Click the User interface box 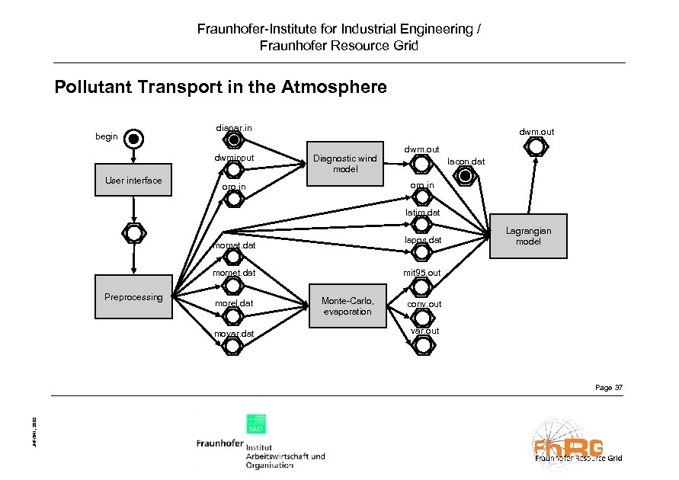133,181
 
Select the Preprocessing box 133,297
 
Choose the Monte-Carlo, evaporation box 347,306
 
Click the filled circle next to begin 133,139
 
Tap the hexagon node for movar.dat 232,345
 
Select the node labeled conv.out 421,316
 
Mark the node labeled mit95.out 421,286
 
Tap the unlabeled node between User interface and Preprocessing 133,229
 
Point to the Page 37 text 609,389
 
